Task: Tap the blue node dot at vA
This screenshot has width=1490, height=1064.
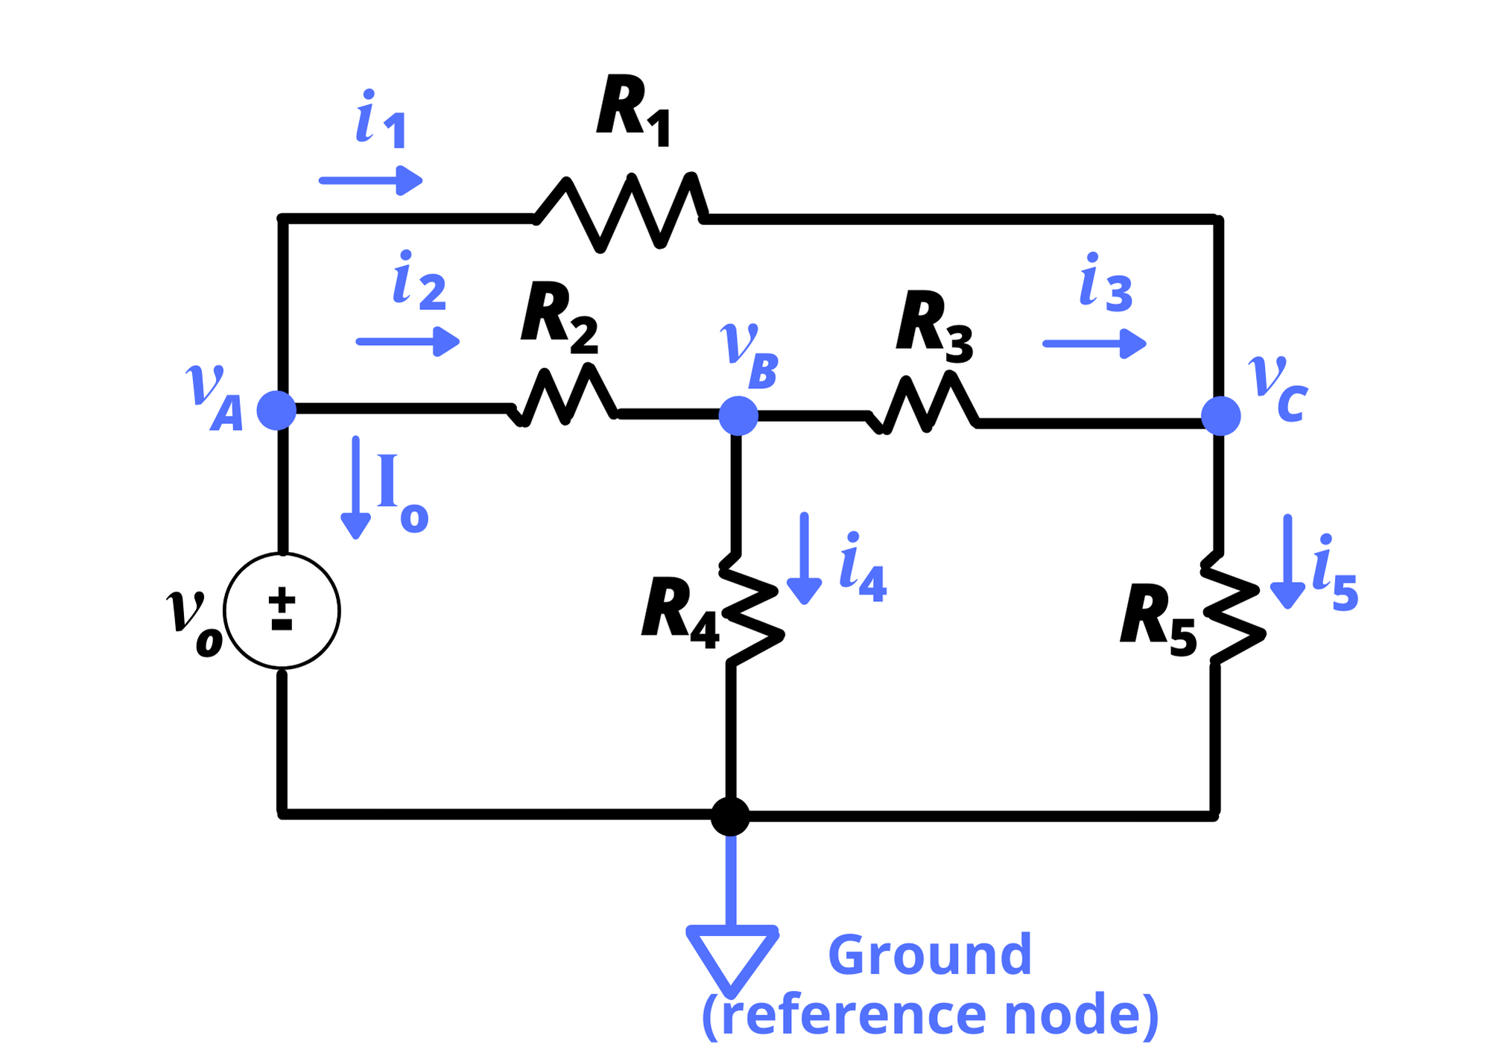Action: coord(276,411)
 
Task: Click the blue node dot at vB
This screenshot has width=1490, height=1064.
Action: coord(738,416)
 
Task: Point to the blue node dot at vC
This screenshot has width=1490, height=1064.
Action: coord(1220,416)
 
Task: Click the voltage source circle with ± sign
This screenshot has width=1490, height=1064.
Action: coord(282,611)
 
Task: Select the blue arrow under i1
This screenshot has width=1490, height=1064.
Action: coord(370,180)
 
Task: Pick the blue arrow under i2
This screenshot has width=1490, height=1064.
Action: coord(408,341)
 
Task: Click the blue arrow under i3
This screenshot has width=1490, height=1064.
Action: coord(1094,343)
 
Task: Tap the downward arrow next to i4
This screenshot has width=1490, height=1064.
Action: coord(804,558)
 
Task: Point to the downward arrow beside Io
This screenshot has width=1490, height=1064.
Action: coord(355,487)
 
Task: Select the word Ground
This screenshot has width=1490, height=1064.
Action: coord(929,955)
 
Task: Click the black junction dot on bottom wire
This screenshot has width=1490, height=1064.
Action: coord(730,817)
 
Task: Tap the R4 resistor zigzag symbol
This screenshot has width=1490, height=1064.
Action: coord(751,615)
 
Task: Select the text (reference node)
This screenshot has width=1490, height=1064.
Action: coord(930,1016)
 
